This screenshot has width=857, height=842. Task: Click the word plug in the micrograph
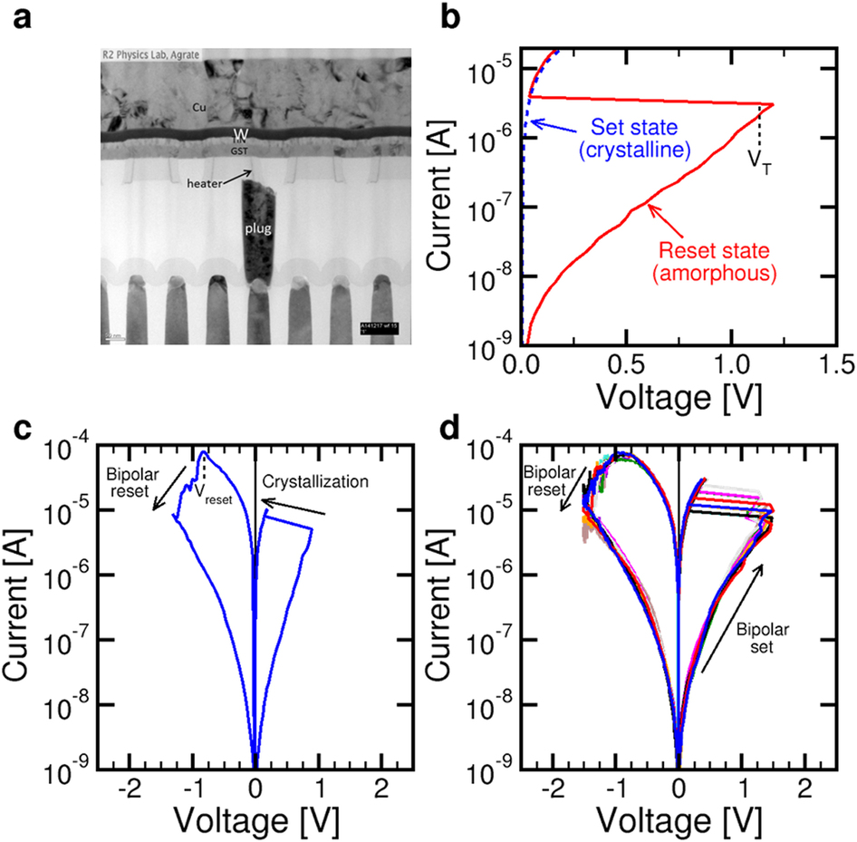(259, 228)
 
